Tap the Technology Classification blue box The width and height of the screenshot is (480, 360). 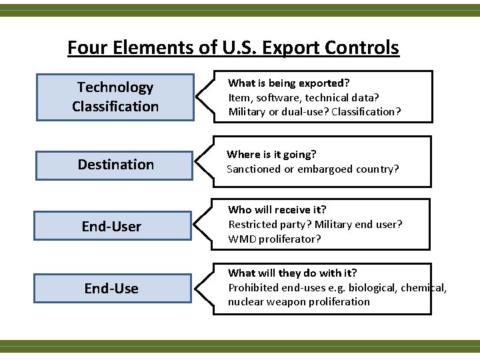pyautogui.click(x=115, y=97)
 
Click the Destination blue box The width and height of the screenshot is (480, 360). pyautogui.click(x=115, y=164)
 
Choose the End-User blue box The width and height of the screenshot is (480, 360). pyautogui.click(x=112, y=227)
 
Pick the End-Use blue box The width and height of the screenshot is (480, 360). pyautogui.click(x=112, y=289)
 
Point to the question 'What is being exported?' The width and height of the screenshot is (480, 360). pyautogui.click(x=289, y=83)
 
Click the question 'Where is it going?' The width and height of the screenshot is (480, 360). pyautogui.click(x=271, y=155)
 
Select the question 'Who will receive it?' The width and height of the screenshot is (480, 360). pyautogui.click(x=277, y=210)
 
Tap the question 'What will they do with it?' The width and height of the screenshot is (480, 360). pyautogui.click(x=293, y=273)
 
